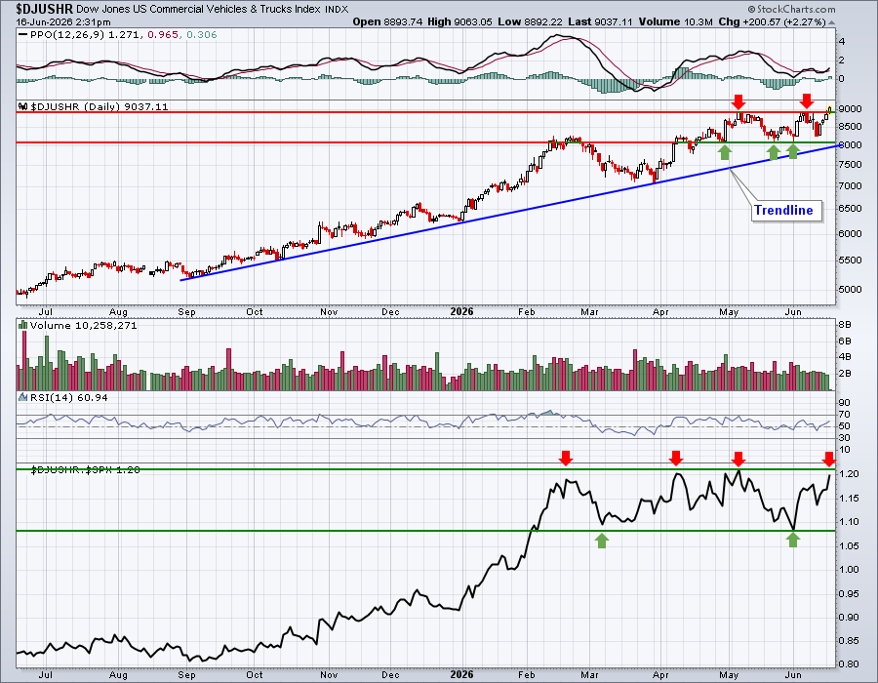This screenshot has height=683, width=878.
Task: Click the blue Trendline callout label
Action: tap(783, 210)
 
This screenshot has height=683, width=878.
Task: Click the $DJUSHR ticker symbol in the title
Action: tap(45, 9)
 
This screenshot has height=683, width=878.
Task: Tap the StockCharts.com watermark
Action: tap(791, 9)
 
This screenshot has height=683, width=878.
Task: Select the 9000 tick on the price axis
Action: tap(850, 108)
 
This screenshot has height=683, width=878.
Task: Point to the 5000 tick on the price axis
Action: tap(850, 290)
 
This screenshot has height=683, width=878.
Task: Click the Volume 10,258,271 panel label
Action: tap(84, 325)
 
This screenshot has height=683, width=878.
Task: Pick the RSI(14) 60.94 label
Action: tap(69, 397)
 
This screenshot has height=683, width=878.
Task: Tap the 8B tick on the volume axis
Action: tap(845, 325)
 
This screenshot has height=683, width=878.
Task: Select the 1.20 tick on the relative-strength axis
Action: tap(849, 473)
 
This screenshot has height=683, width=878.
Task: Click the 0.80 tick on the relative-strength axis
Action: tap(849, 664)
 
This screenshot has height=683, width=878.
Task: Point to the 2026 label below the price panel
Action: tap(462, 312)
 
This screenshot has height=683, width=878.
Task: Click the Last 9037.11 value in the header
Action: tap(599, 21)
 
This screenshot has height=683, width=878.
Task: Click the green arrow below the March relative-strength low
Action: tap(602, 541)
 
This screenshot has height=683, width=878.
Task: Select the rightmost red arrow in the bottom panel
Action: tap(829, 459)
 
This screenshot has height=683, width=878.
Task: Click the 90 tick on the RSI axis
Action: tap(844, 403)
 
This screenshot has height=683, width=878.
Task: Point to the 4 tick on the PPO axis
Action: tap(842, 41)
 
